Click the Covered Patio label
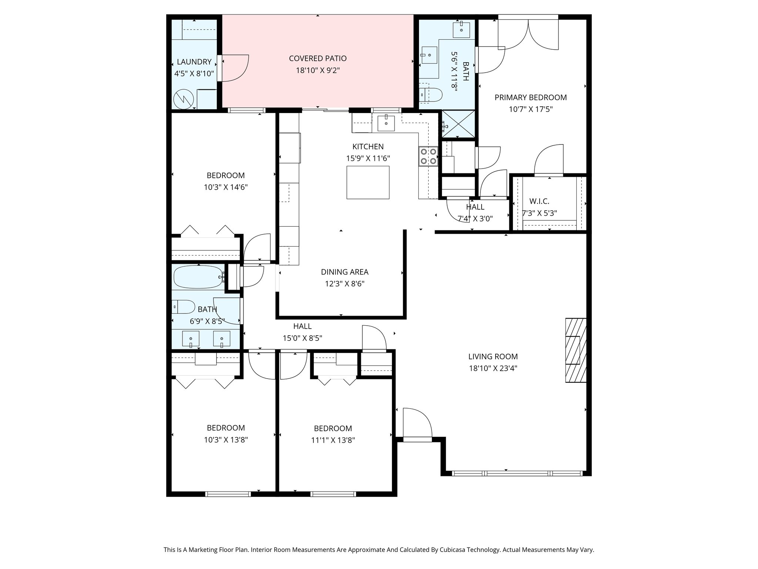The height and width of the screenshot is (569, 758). click(318, 59)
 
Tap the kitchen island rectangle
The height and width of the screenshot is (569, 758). click(368, 182)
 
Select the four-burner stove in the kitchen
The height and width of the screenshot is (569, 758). click(428, 156)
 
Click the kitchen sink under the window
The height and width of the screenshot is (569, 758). click(386, 123)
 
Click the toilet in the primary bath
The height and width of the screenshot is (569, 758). click(431, 95)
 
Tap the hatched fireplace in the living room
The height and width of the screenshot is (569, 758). click(576, 350)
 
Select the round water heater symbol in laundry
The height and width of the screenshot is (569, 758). click(184, 99)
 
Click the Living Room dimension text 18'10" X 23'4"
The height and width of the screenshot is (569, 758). click(493, 368)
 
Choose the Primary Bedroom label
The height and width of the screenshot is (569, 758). click(531, 97)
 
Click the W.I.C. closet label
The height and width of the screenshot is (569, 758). click(539, 202)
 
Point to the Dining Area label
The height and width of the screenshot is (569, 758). click(345, 272)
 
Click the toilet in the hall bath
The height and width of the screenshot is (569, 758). click(184, 307)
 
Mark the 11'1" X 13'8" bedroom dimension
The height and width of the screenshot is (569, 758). click(333, 440)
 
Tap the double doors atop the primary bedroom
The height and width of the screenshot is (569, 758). click(528, 32)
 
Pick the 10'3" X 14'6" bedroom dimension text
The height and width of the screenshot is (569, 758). click(225, 187)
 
